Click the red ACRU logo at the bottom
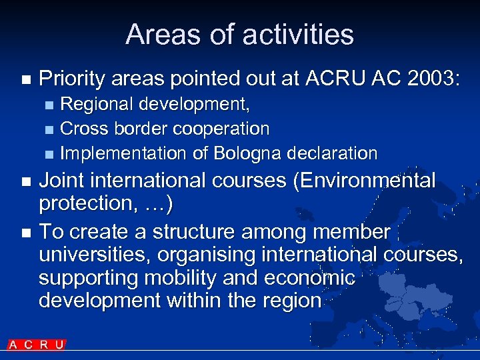[37, 345]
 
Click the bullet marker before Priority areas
[26, 80]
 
